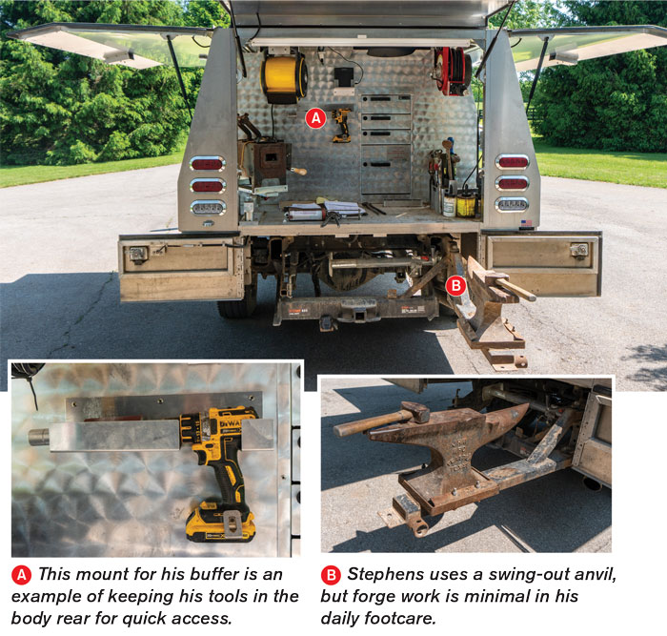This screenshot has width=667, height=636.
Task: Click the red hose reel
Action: click(453, 71)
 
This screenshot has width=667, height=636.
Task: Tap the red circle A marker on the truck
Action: click(315, 118)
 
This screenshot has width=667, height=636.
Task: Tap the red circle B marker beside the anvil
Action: click(456, 286)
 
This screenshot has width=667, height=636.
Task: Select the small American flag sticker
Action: click(526, 222)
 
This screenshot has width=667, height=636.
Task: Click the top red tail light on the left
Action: click(207, 163)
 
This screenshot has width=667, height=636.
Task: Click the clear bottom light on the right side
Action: click(512, 205)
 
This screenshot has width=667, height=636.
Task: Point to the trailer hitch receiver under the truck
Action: click(356, 316)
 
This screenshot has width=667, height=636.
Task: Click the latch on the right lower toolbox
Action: click(579, 251)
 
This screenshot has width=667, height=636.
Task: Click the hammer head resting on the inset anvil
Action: click(415, 411)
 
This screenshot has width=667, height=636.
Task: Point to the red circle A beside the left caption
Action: click(21, 575)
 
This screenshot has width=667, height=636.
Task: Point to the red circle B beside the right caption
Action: click(331, 575)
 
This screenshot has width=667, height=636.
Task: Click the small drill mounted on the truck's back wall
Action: click(341, 125)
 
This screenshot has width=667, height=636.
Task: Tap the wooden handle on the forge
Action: click(298, 171)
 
